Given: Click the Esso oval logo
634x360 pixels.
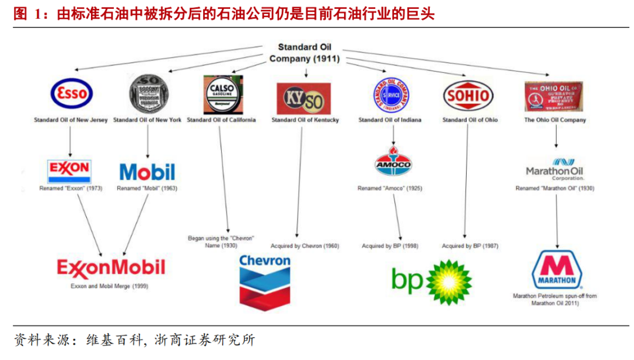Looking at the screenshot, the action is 71,93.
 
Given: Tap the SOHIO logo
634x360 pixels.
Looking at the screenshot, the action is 468,95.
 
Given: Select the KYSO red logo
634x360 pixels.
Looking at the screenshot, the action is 303,98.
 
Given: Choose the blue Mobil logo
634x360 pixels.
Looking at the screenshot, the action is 147,171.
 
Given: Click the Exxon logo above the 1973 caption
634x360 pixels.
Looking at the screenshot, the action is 69,171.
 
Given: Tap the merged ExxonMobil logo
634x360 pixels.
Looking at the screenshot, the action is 110,267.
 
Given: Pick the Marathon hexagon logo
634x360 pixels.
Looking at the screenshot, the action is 556,270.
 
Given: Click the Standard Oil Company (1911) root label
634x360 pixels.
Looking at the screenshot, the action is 305,53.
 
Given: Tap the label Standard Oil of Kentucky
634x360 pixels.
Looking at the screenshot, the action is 305,120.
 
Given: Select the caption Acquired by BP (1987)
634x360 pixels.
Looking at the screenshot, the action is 470,246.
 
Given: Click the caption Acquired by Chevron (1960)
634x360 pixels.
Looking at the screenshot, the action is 305,246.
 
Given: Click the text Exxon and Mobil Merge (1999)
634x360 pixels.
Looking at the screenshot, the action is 110,287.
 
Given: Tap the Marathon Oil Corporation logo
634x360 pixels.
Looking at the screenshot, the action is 555,169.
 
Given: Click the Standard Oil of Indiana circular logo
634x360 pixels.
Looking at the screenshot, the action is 390,93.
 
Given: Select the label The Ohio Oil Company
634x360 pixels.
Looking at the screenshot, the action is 555,120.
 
